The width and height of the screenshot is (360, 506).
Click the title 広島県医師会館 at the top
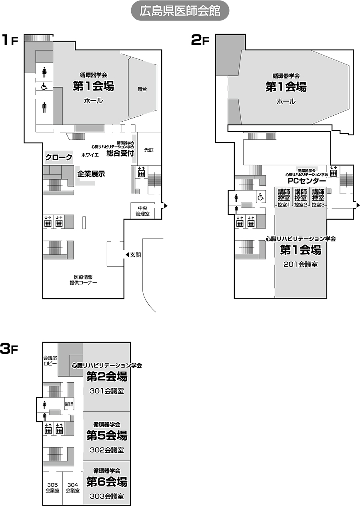[180, 11]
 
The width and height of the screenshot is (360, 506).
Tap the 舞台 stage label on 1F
[142, 89]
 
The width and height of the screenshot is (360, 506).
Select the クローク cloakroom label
[59, 157]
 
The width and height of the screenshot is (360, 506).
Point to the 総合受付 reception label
[120, 153]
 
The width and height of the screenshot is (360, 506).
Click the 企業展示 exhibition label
[91, 174]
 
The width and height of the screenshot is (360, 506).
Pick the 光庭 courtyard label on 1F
[149, 150]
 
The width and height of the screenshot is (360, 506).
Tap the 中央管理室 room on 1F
[143, 211]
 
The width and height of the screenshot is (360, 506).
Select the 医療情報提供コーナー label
[83, 280]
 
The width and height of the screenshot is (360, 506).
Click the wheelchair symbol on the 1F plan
[44, 86]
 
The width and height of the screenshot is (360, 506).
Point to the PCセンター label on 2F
[306, 181]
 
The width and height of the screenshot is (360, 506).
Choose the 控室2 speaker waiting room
[300, 197]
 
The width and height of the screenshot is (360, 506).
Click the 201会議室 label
[301, 264]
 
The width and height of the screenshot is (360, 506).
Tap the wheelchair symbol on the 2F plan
[261, 197]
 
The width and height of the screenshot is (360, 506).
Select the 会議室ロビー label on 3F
[50, 361]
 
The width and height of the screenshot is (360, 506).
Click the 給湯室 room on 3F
[69, 404]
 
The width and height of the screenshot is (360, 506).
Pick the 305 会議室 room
[52, 488]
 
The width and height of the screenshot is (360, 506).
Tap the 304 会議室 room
[73, 488]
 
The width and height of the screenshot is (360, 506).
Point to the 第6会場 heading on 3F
[107, 482]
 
